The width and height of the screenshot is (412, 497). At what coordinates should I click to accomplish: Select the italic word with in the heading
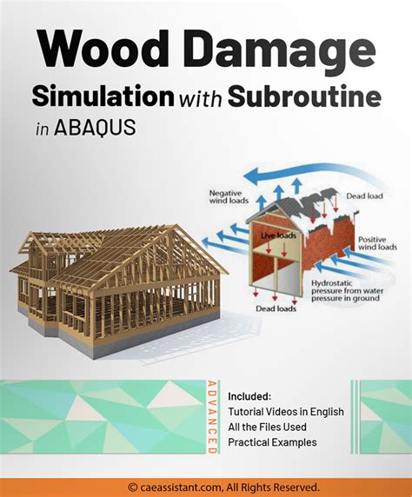pyautogui.click(x=201, y=97)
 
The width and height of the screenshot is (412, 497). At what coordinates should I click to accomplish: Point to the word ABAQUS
pyautogui.click(x=95, y=128)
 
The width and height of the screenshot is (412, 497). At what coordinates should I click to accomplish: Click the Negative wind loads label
pyautogui.click(x=229, y=196)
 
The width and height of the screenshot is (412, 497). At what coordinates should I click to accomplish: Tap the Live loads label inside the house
pyautogui.click(x=278, y=235)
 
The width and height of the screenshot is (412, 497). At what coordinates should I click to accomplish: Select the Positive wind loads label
pyautogui.click(x=377, y=243)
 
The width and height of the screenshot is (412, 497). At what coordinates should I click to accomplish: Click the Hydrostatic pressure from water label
pyautogui.click(x=348, y=291)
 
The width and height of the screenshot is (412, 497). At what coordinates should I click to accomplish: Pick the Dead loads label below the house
pyautogui.click(x=276, y=308)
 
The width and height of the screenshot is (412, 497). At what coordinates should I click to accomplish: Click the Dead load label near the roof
pyautogui.click(x=364, y=195)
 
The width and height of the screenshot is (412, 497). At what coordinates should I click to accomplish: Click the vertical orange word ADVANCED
pyautogui.click(x=212, y=418)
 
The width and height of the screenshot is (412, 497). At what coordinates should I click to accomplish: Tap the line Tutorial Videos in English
pyautogui.click(x=286, y=412)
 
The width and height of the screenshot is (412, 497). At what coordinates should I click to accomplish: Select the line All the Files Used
pyautogui.click(x=267, y=427)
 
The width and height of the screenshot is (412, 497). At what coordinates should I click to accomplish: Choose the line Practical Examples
pyautogui.click(x=272, y=442)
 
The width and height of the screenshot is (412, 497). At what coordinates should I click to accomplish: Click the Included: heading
pyautogui.click(x=249, y=396)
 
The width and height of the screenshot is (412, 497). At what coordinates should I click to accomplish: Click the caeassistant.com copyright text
pyautogui.click(x=223, y=487)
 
